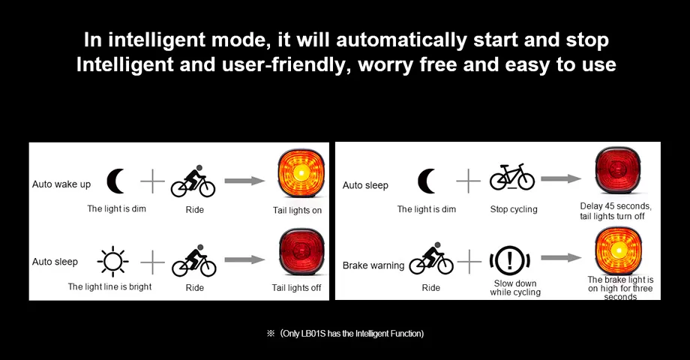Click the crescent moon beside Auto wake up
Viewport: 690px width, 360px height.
click(x=115, y=181)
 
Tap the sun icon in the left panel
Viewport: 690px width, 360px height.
click(x=112, y=262)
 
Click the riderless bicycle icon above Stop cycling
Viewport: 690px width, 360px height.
click(x=512, y=178)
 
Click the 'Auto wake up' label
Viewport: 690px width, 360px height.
click(x=61, y=184)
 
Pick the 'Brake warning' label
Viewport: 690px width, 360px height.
click(x=373, y=265)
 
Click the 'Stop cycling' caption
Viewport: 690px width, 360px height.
click(x=514, y=209)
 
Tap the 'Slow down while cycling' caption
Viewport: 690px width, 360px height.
click(x=514, y=288)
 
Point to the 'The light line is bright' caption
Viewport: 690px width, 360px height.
click(x=109, y=286)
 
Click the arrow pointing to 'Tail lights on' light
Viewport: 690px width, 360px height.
click(x=244, y=181)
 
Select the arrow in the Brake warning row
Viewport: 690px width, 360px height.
click(x=561, y=258)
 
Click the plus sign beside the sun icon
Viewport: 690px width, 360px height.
click(x=153, y=262)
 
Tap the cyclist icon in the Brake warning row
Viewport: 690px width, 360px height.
click(x=431, y=259)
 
